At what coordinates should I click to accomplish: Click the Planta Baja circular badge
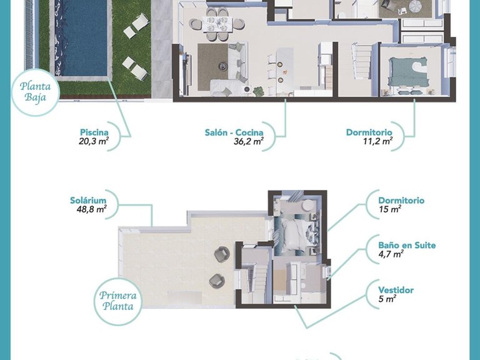36,92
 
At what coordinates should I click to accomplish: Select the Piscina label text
94,132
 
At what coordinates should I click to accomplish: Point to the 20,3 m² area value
94,142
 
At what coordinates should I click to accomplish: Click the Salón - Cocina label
234,132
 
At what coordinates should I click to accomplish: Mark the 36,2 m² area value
244,142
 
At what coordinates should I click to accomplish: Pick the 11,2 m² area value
377,142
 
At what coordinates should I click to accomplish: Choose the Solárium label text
87,200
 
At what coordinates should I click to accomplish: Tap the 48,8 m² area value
91,209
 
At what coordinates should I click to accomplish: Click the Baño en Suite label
407,246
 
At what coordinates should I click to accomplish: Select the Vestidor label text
396,290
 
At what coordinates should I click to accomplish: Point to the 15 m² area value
389,210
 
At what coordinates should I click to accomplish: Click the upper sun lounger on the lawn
136,26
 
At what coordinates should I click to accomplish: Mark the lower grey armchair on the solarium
216,281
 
